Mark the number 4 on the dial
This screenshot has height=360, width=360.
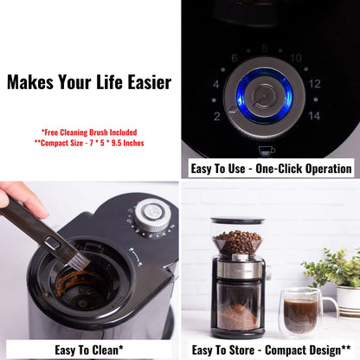216,84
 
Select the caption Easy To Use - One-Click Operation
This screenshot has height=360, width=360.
272,169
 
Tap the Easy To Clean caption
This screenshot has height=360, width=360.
90,350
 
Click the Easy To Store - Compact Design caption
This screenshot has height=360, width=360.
270,350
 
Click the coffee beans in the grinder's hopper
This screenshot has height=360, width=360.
237,241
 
